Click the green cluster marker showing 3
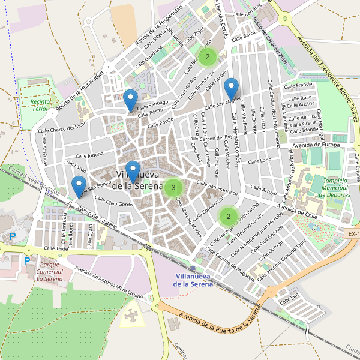[x=173, y=188]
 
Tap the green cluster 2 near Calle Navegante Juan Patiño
[x=229, y=215]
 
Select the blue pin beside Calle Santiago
[x=130, y=100]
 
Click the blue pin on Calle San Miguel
[x=231, y=89]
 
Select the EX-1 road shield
[x=352, y=233]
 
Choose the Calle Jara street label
[x=289, y=295]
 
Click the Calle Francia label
[x=300, y=85]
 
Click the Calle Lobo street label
[x=259, y=161]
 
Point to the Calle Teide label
[x=53, y=247]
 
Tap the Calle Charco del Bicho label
[x=62, y=127]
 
